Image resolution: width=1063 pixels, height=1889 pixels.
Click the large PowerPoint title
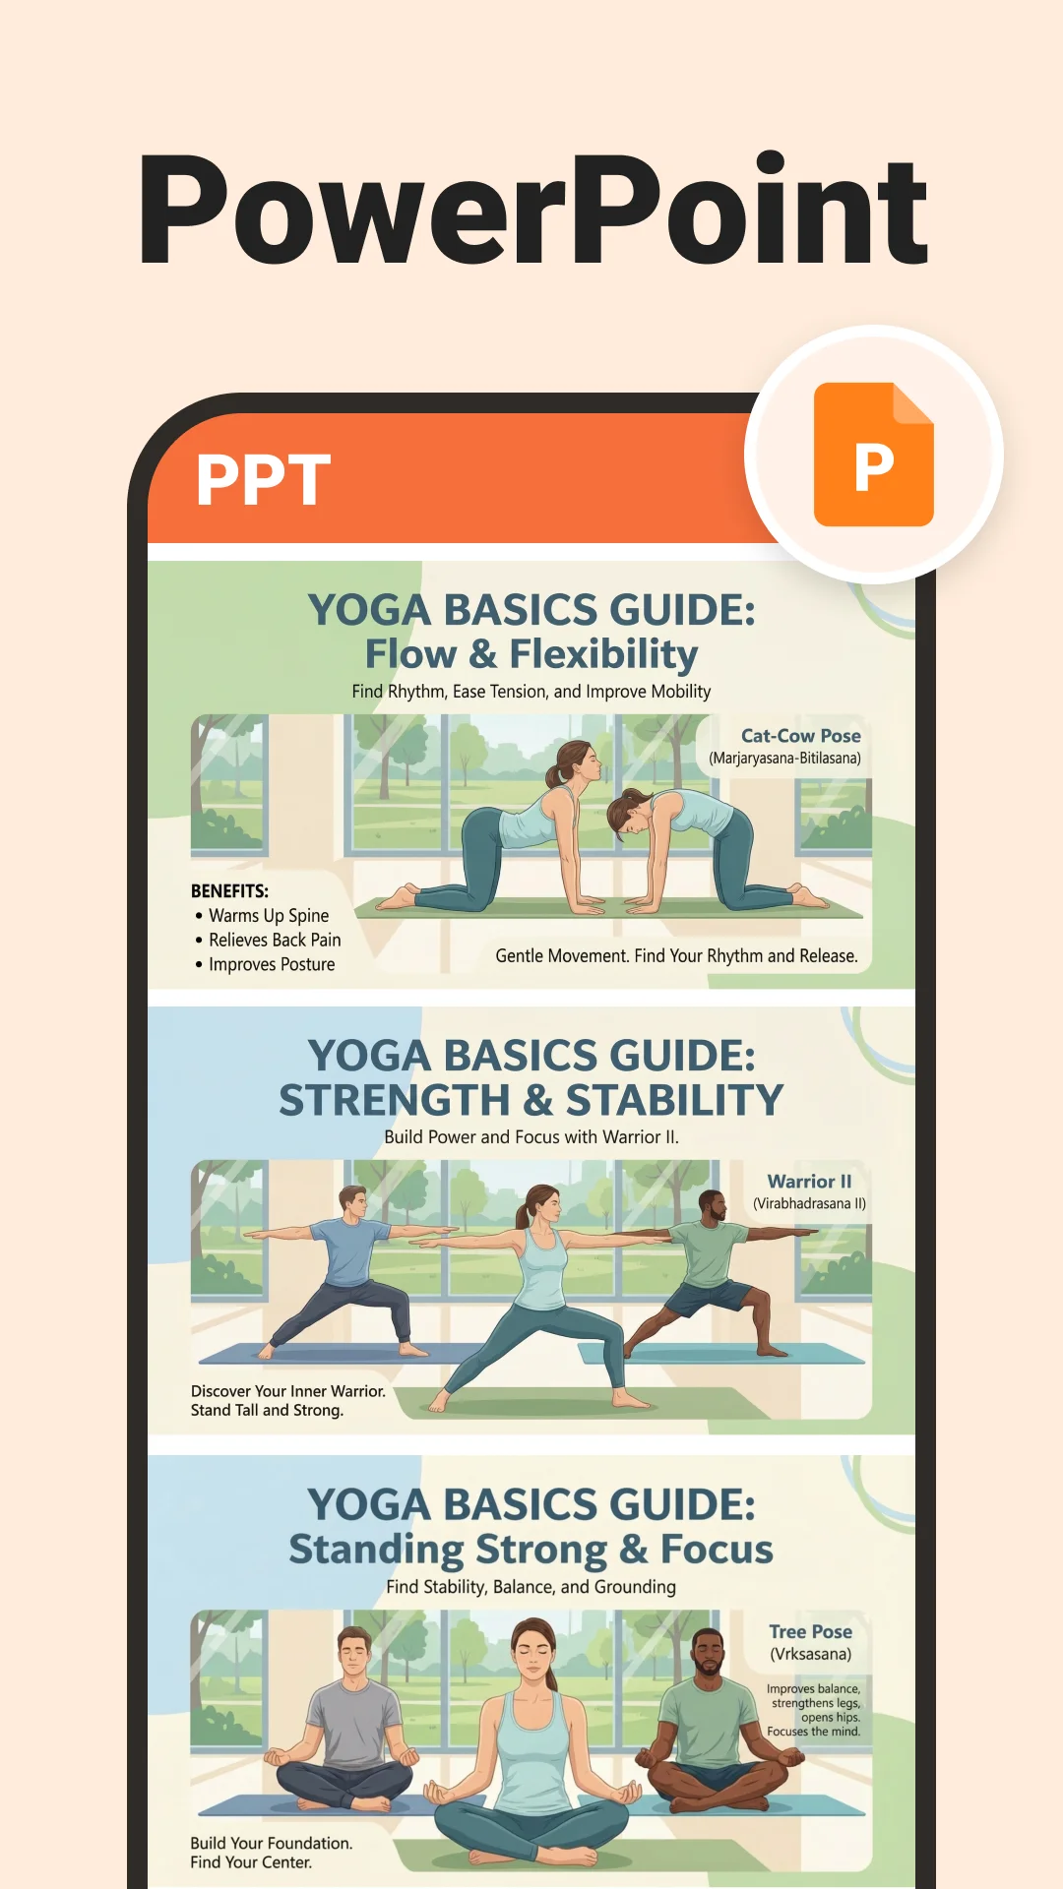pos(532,211)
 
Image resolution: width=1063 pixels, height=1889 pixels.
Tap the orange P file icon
pos(874,455)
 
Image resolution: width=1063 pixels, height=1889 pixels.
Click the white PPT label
pos(263,480)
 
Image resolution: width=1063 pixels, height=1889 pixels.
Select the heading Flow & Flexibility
pos(531,654)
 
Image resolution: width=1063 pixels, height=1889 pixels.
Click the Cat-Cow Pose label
pos(801,736)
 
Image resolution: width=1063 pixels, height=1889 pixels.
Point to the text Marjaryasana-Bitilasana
pos(785,759)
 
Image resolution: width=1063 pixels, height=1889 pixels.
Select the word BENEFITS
pos(229,891)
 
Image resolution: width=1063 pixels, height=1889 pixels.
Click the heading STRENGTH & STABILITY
pos(531,1100)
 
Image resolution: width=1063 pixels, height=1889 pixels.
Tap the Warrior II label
pos(810,1182)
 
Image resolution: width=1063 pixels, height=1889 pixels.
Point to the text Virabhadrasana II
pos(810,1204)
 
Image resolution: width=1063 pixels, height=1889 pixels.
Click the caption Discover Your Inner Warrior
pos(288,1391)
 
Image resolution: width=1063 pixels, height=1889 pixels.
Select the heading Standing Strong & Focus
pos(531,1550)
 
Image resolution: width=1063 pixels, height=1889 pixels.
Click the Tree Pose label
pos(811,1631)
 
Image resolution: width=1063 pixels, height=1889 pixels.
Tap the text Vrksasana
pos(811,1654)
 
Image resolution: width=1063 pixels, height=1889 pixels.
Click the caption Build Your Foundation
pos(272,1843)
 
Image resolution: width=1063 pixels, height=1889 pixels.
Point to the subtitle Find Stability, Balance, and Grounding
pos(531,1587)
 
